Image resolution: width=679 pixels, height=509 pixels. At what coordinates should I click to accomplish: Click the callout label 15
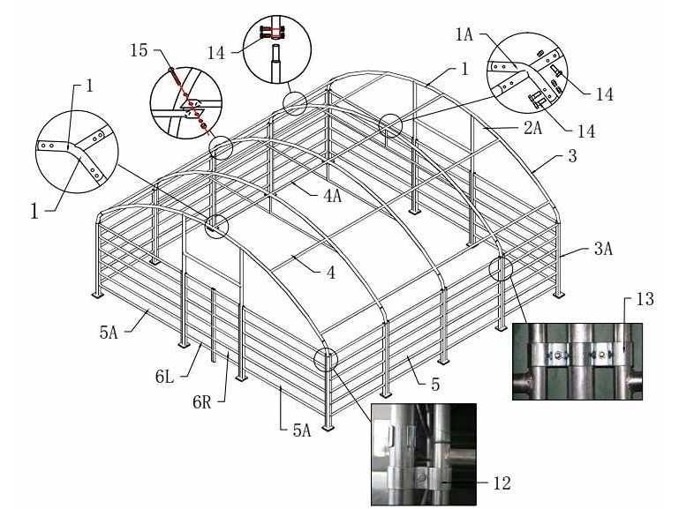point(139,50)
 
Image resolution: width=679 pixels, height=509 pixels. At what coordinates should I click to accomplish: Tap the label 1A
point(464,34)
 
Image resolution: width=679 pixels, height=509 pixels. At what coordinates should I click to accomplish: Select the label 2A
point(532,128)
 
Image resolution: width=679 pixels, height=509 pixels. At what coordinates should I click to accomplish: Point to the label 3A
point(603,249)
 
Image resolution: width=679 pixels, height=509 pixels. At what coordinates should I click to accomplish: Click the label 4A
point(332,196)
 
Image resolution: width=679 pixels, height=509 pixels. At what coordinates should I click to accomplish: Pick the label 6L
point(164,377)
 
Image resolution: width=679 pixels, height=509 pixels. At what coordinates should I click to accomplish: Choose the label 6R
point(202,402)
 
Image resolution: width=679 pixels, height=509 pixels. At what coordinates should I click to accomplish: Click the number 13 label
point(645,299)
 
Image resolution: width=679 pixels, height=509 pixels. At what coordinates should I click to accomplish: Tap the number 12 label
point(502,483)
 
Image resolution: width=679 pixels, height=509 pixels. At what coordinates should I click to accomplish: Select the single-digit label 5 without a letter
point(435,384)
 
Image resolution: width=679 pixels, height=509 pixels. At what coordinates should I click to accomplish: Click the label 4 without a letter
point(331,272)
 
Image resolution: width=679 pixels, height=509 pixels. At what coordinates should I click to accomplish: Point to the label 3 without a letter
point(572,155)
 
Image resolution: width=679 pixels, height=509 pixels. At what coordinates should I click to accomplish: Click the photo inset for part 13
point(577,361)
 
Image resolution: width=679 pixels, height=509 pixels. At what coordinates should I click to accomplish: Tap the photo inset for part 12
point(424,454)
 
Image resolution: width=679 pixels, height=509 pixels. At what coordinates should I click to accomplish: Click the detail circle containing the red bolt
point(185,102)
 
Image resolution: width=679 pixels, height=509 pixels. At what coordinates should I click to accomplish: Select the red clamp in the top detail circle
point(272,33)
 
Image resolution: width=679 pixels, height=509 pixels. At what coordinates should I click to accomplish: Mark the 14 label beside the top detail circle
point(216,53)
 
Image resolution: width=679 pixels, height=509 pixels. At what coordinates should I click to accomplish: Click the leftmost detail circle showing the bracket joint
point(77,152)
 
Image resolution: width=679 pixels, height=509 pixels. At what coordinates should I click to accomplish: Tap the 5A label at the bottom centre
point(302,430)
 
